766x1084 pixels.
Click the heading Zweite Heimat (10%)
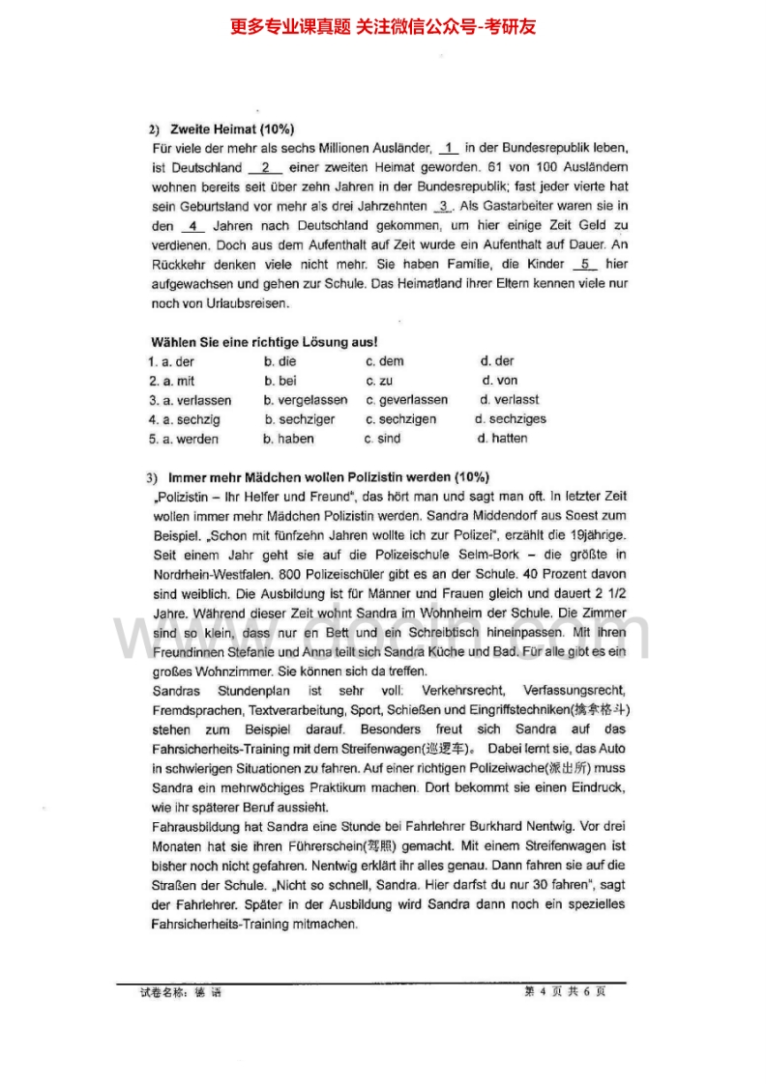tap(232, 128)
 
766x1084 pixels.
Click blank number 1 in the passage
tap(449, 148)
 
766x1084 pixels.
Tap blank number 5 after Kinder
tap(585, 264)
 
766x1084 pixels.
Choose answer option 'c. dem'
tap(385, 361)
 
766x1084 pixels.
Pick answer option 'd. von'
tap(499, 381)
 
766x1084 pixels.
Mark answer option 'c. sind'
tap(382, 439)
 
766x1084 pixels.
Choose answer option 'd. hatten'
tap(503, 439)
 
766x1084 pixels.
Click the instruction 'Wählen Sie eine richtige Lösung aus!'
tap(263, 342)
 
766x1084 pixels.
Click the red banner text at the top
tap(383, 27)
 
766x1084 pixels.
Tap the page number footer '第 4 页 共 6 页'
tap(565, 991)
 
